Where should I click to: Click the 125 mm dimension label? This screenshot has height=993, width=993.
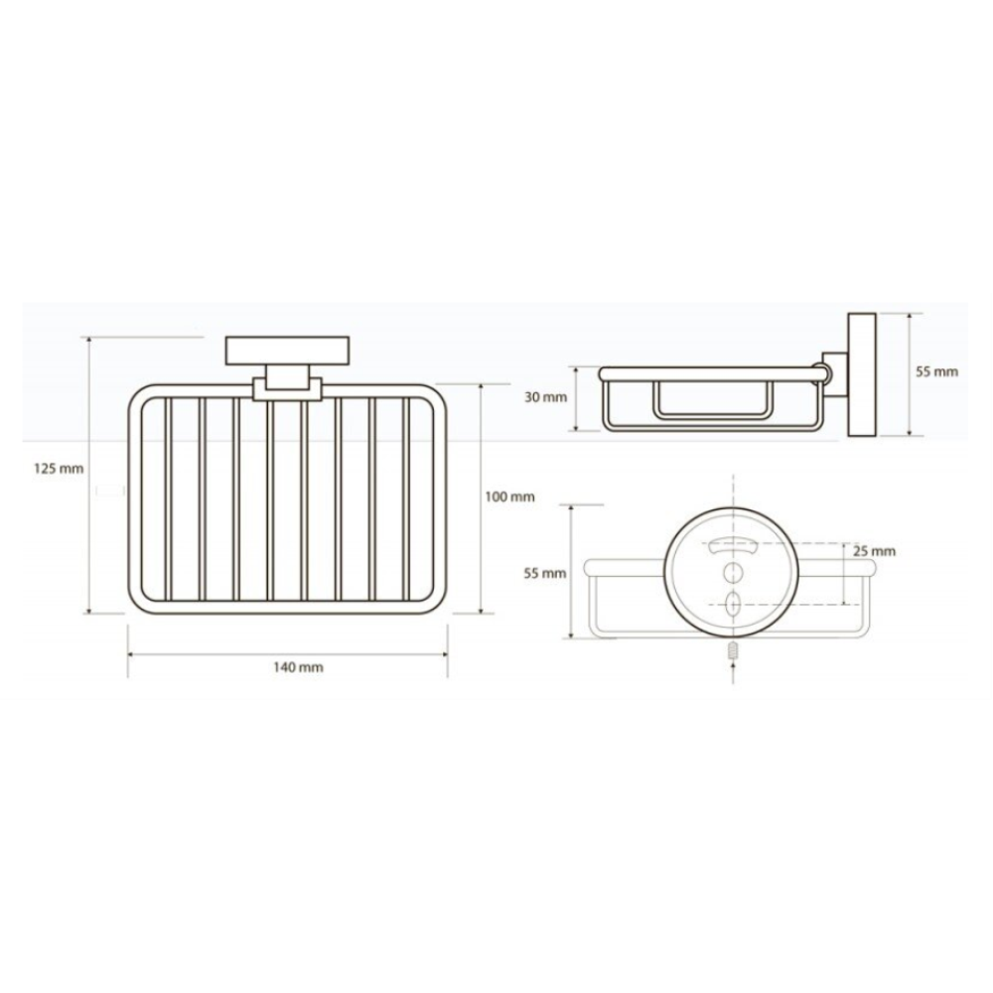pos(59,469)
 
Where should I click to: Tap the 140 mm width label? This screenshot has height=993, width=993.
pos(298,667)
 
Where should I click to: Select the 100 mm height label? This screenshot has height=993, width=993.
pos(509,497)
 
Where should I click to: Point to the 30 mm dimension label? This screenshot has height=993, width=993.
pos(546,398)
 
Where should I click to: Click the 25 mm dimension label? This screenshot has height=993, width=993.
pos(874,551)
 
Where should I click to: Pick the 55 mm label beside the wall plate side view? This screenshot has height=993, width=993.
pos(937,371)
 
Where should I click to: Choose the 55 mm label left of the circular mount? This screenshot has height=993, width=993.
pos(545,573)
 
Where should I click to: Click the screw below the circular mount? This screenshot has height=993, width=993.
pos(734,652)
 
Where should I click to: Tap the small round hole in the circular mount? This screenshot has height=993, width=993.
pos(733,572)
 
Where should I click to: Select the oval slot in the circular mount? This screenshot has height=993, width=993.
pos(733,604)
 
